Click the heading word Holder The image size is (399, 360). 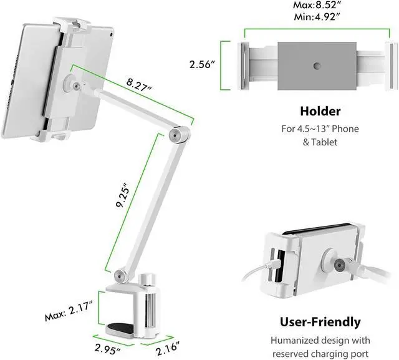pos(320,112)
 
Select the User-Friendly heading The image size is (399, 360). pos(320,323)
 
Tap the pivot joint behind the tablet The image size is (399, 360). pos(76,87)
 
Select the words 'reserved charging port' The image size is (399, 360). pos(320,353)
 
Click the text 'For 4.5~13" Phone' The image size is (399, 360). pos(320,129)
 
